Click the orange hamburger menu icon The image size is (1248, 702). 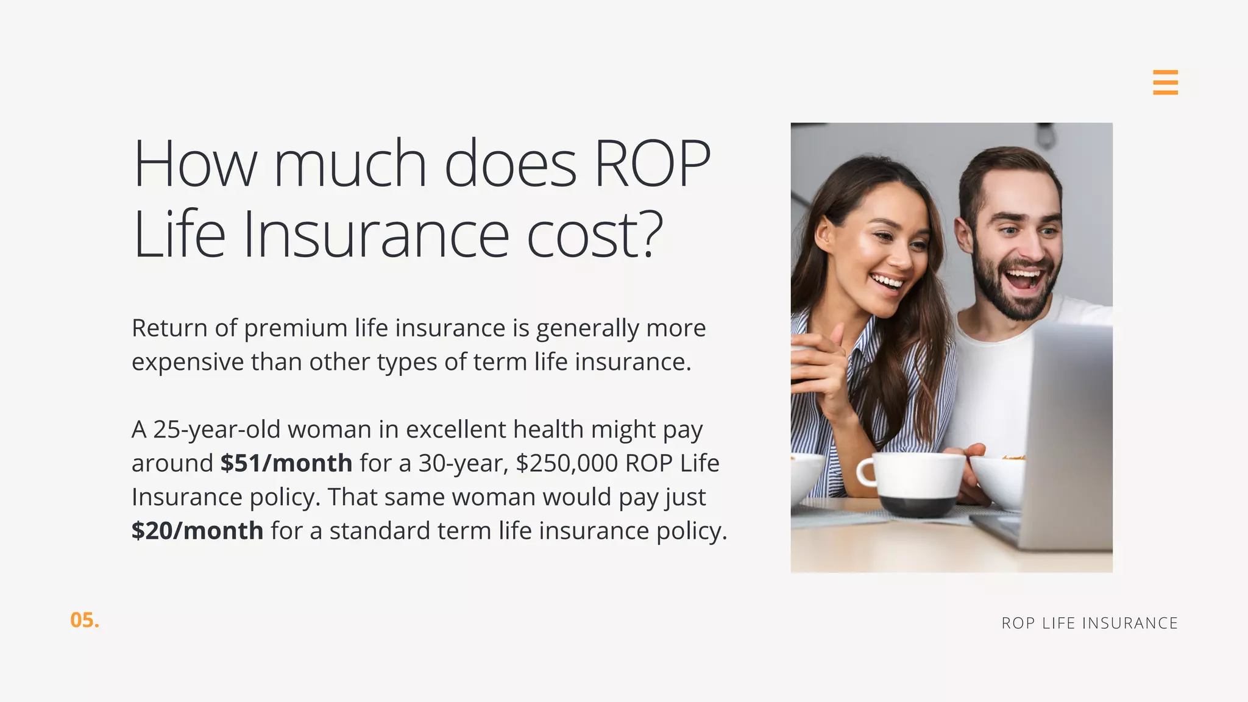(1165, 82)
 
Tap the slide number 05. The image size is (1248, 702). (84, 620)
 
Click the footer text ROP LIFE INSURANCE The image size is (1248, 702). (1090, 623)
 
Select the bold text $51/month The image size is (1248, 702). (286, 463)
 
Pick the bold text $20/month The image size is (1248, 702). (197, 531)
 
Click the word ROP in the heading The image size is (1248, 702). (652, 163)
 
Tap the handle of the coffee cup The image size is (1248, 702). (866, 473)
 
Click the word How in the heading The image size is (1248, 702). (195, 163)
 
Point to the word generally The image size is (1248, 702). (587, 329)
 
